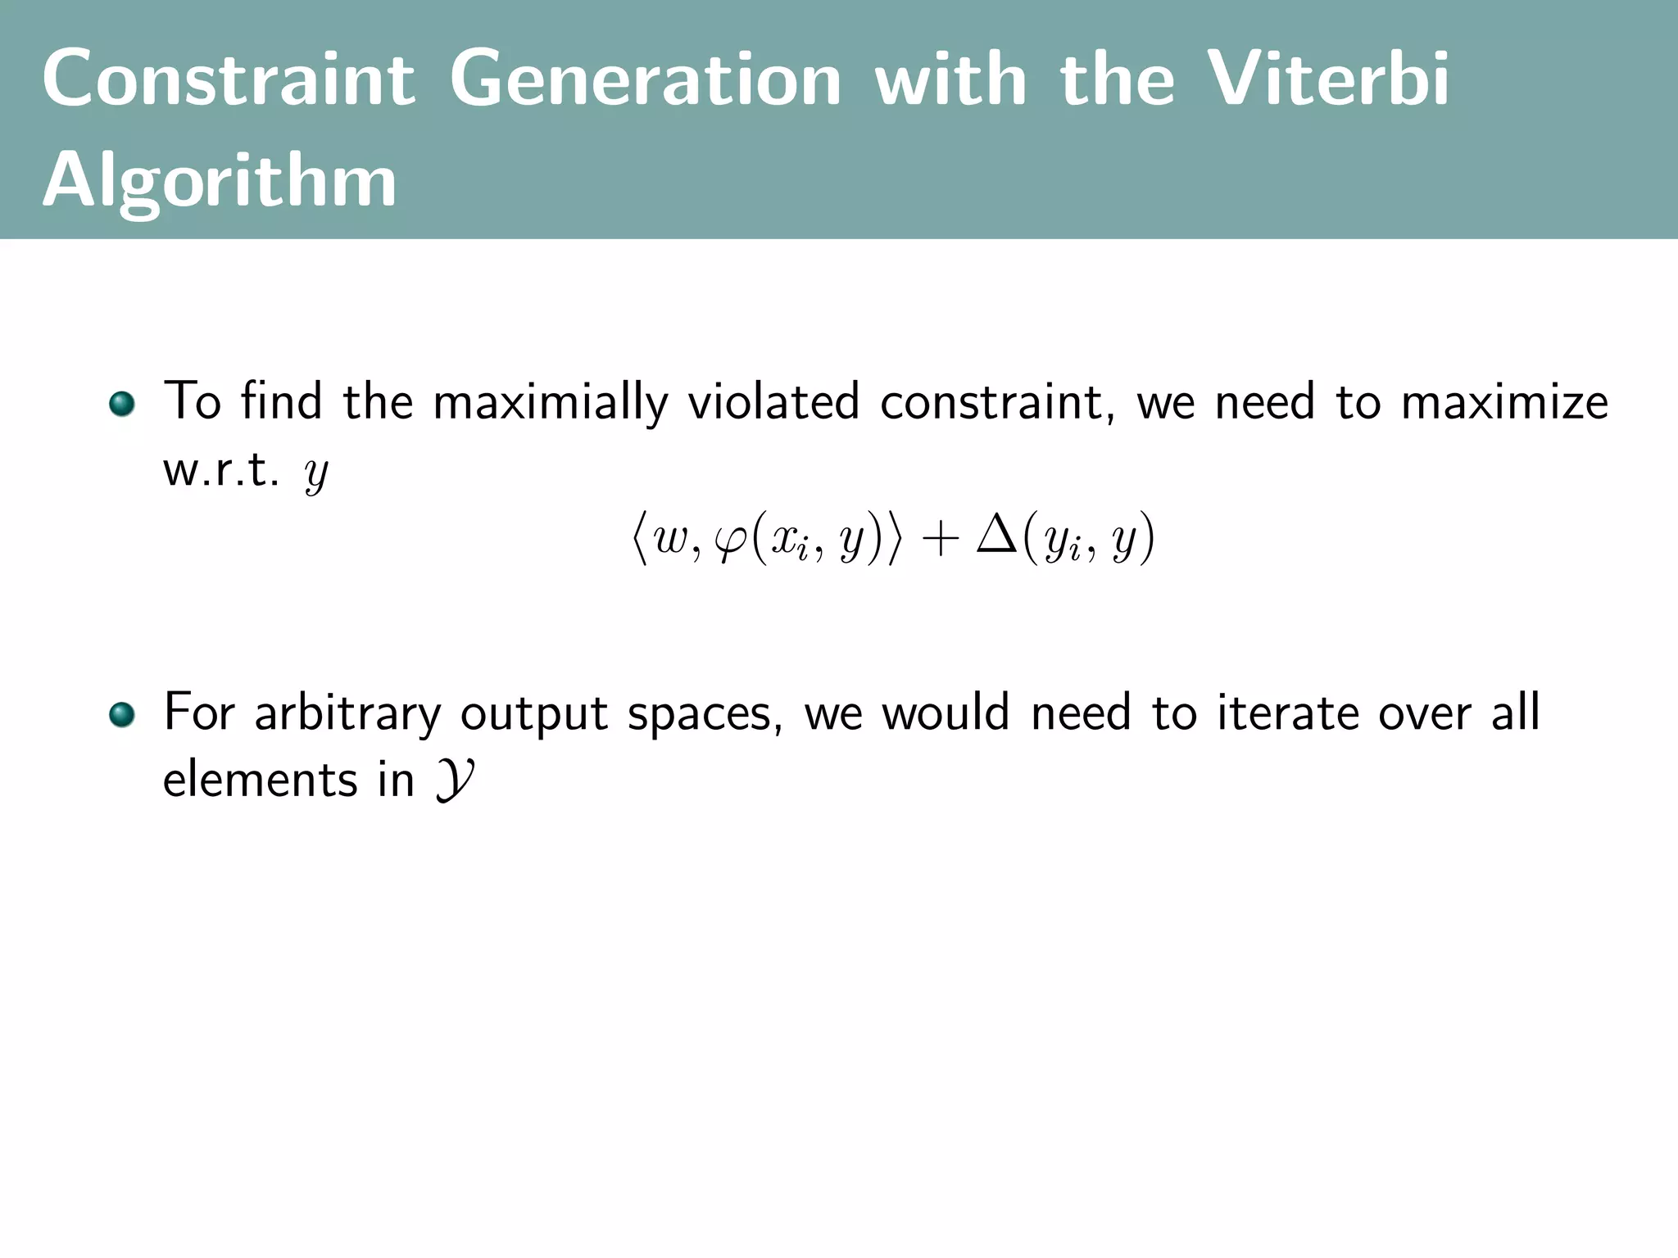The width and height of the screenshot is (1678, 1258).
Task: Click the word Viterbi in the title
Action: click(1328, 79)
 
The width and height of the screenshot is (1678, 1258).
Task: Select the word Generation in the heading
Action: click(646, 79)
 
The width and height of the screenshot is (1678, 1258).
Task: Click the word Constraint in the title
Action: click(229, 79)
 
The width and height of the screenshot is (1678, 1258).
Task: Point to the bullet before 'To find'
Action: click(121, 404)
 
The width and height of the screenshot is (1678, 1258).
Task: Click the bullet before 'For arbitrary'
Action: click(121, 714)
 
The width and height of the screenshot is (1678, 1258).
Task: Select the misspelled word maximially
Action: click(550, 403)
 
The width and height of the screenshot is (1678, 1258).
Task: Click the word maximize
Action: click(1504, 403)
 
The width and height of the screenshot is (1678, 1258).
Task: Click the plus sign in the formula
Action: click(940, 539)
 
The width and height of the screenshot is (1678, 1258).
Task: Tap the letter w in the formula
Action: click(671, 541)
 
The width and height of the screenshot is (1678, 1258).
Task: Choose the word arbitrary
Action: click(347, 714)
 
